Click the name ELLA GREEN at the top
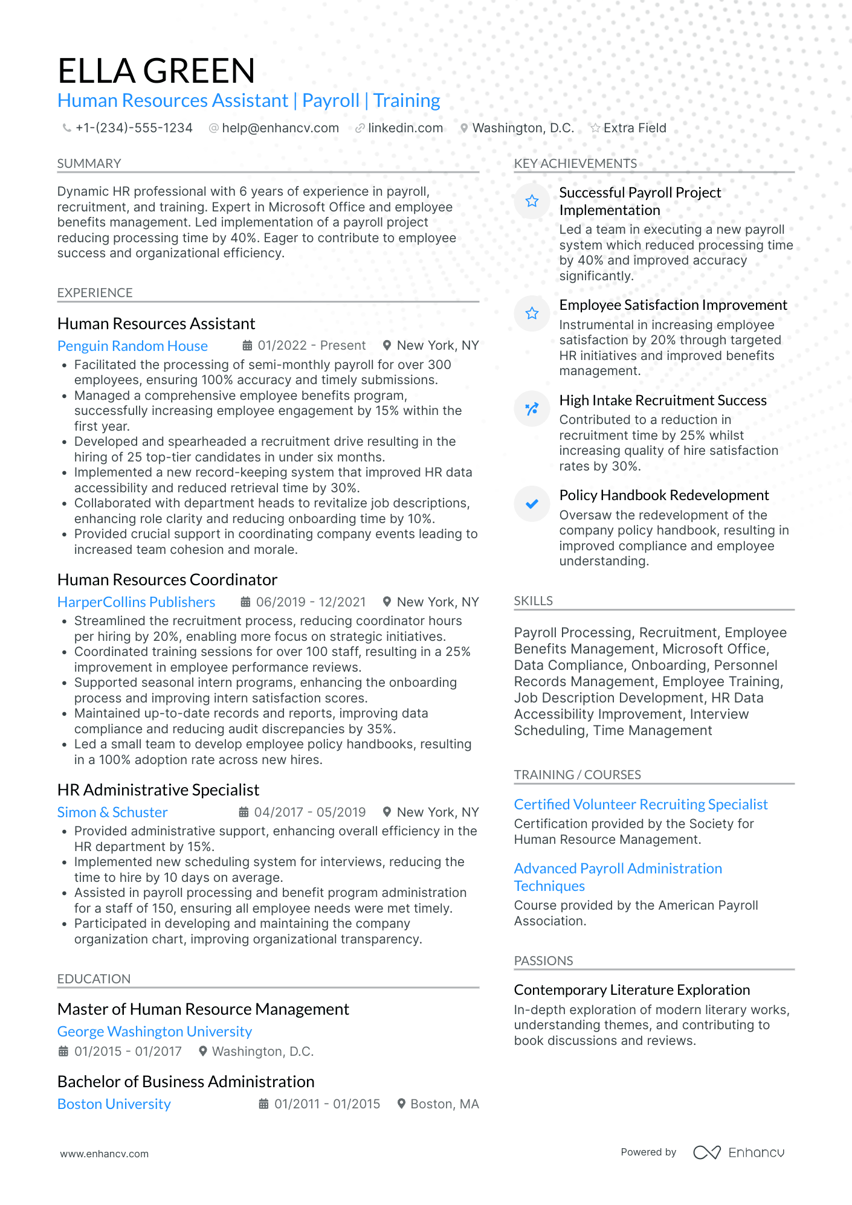156,71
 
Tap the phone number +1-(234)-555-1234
134,128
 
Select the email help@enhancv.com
280,128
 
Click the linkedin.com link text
405,128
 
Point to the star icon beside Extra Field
595,128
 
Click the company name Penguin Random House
132,346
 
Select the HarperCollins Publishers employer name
136,602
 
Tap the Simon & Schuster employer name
112,812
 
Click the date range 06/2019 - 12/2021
311,602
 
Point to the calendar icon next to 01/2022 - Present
247,345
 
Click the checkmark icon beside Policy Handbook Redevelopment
532,504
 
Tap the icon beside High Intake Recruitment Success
532,409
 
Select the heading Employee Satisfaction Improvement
673,305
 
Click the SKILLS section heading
533,601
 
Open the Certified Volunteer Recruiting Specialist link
641,805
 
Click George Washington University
154,1032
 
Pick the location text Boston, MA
444,1104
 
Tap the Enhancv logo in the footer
738,1152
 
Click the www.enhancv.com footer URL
104,1154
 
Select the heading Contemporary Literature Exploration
631,990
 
